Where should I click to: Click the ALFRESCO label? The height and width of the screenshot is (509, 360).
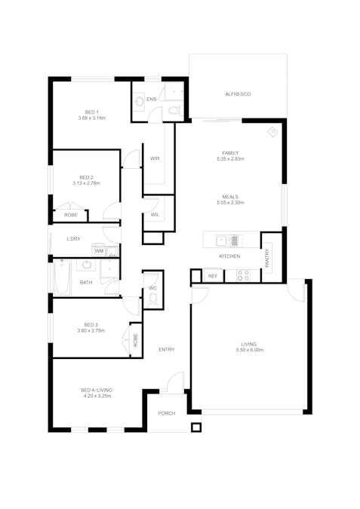click(237, 94)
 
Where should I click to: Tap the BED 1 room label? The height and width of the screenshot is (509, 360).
click(91, 112)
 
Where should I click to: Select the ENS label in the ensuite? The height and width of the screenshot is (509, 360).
click(151, 99)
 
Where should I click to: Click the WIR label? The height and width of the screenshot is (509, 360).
click(154, 158)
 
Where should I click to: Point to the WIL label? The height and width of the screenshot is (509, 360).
click(154, 215)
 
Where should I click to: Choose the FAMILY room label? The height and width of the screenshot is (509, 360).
click(230, 152)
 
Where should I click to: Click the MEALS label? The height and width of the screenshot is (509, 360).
click(230, 195)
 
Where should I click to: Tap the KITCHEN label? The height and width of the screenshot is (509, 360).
click(229, 256)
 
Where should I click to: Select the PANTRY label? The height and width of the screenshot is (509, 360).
click(267, 257)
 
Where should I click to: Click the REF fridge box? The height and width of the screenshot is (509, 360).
click(213, 277)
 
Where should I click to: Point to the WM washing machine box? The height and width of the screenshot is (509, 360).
click(99, 250)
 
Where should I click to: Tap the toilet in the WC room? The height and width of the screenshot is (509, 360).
click(152, 299)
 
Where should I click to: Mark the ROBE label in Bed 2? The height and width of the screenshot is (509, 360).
click(70, 215)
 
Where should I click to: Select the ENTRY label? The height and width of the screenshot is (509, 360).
click(166, 349)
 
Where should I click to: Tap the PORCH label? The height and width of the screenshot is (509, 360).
click(166, 414)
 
